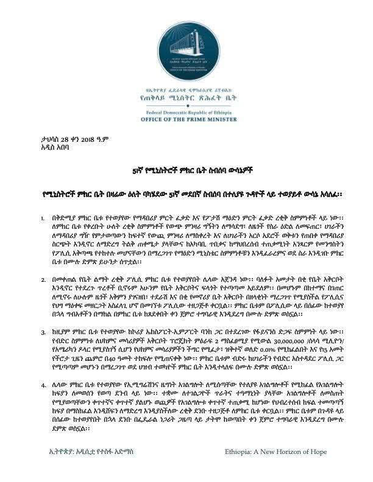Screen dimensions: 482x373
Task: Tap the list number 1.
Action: point(42,217)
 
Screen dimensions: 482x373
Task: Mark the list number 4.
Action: point(42,385)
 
